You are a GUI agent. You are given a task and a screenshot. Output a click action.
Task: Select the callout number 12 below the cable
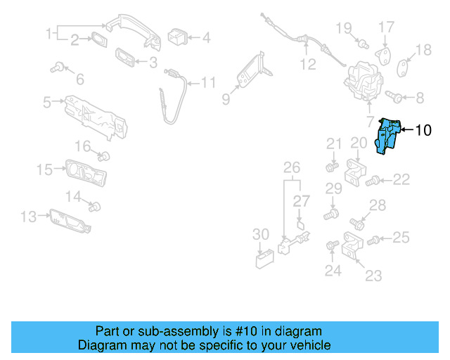(309, 65)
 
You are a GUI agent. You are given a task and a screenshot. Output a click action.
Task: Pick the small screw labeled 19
(363, 44)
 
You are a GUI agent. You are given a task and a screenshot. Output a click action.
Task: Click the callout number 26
(291, 167)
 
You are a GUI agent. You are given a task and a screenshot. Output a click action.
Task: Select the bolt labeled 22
(373, 181)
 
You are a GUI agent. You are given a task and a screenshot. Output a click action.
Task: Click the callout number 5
(47, 103)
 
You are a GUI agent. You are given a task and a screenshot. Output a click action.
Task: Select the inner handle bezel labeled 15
(85, 171)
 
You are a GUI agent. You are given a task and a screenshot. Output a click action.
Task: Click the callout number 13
(28, 217)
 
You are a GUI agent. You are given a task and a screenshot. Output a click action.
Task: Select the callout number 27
(301, 202)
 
